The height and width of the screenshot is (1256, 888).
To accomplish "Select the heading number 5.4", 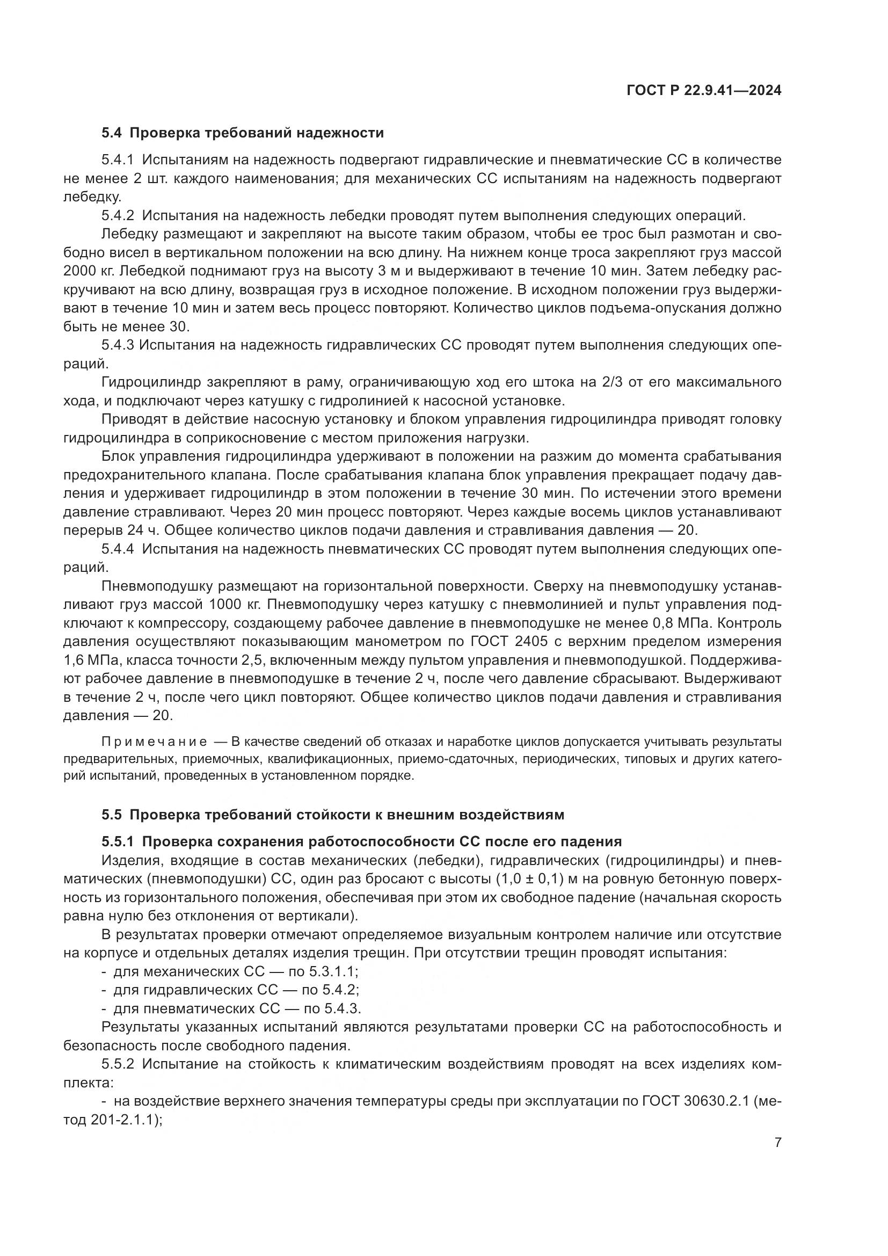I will (112, 133).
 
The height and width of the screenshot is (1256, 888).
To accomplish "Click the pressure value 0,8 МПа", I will (685, 623).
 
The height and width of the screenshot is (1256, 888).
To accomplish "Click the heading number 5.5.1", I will (118, 841).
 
